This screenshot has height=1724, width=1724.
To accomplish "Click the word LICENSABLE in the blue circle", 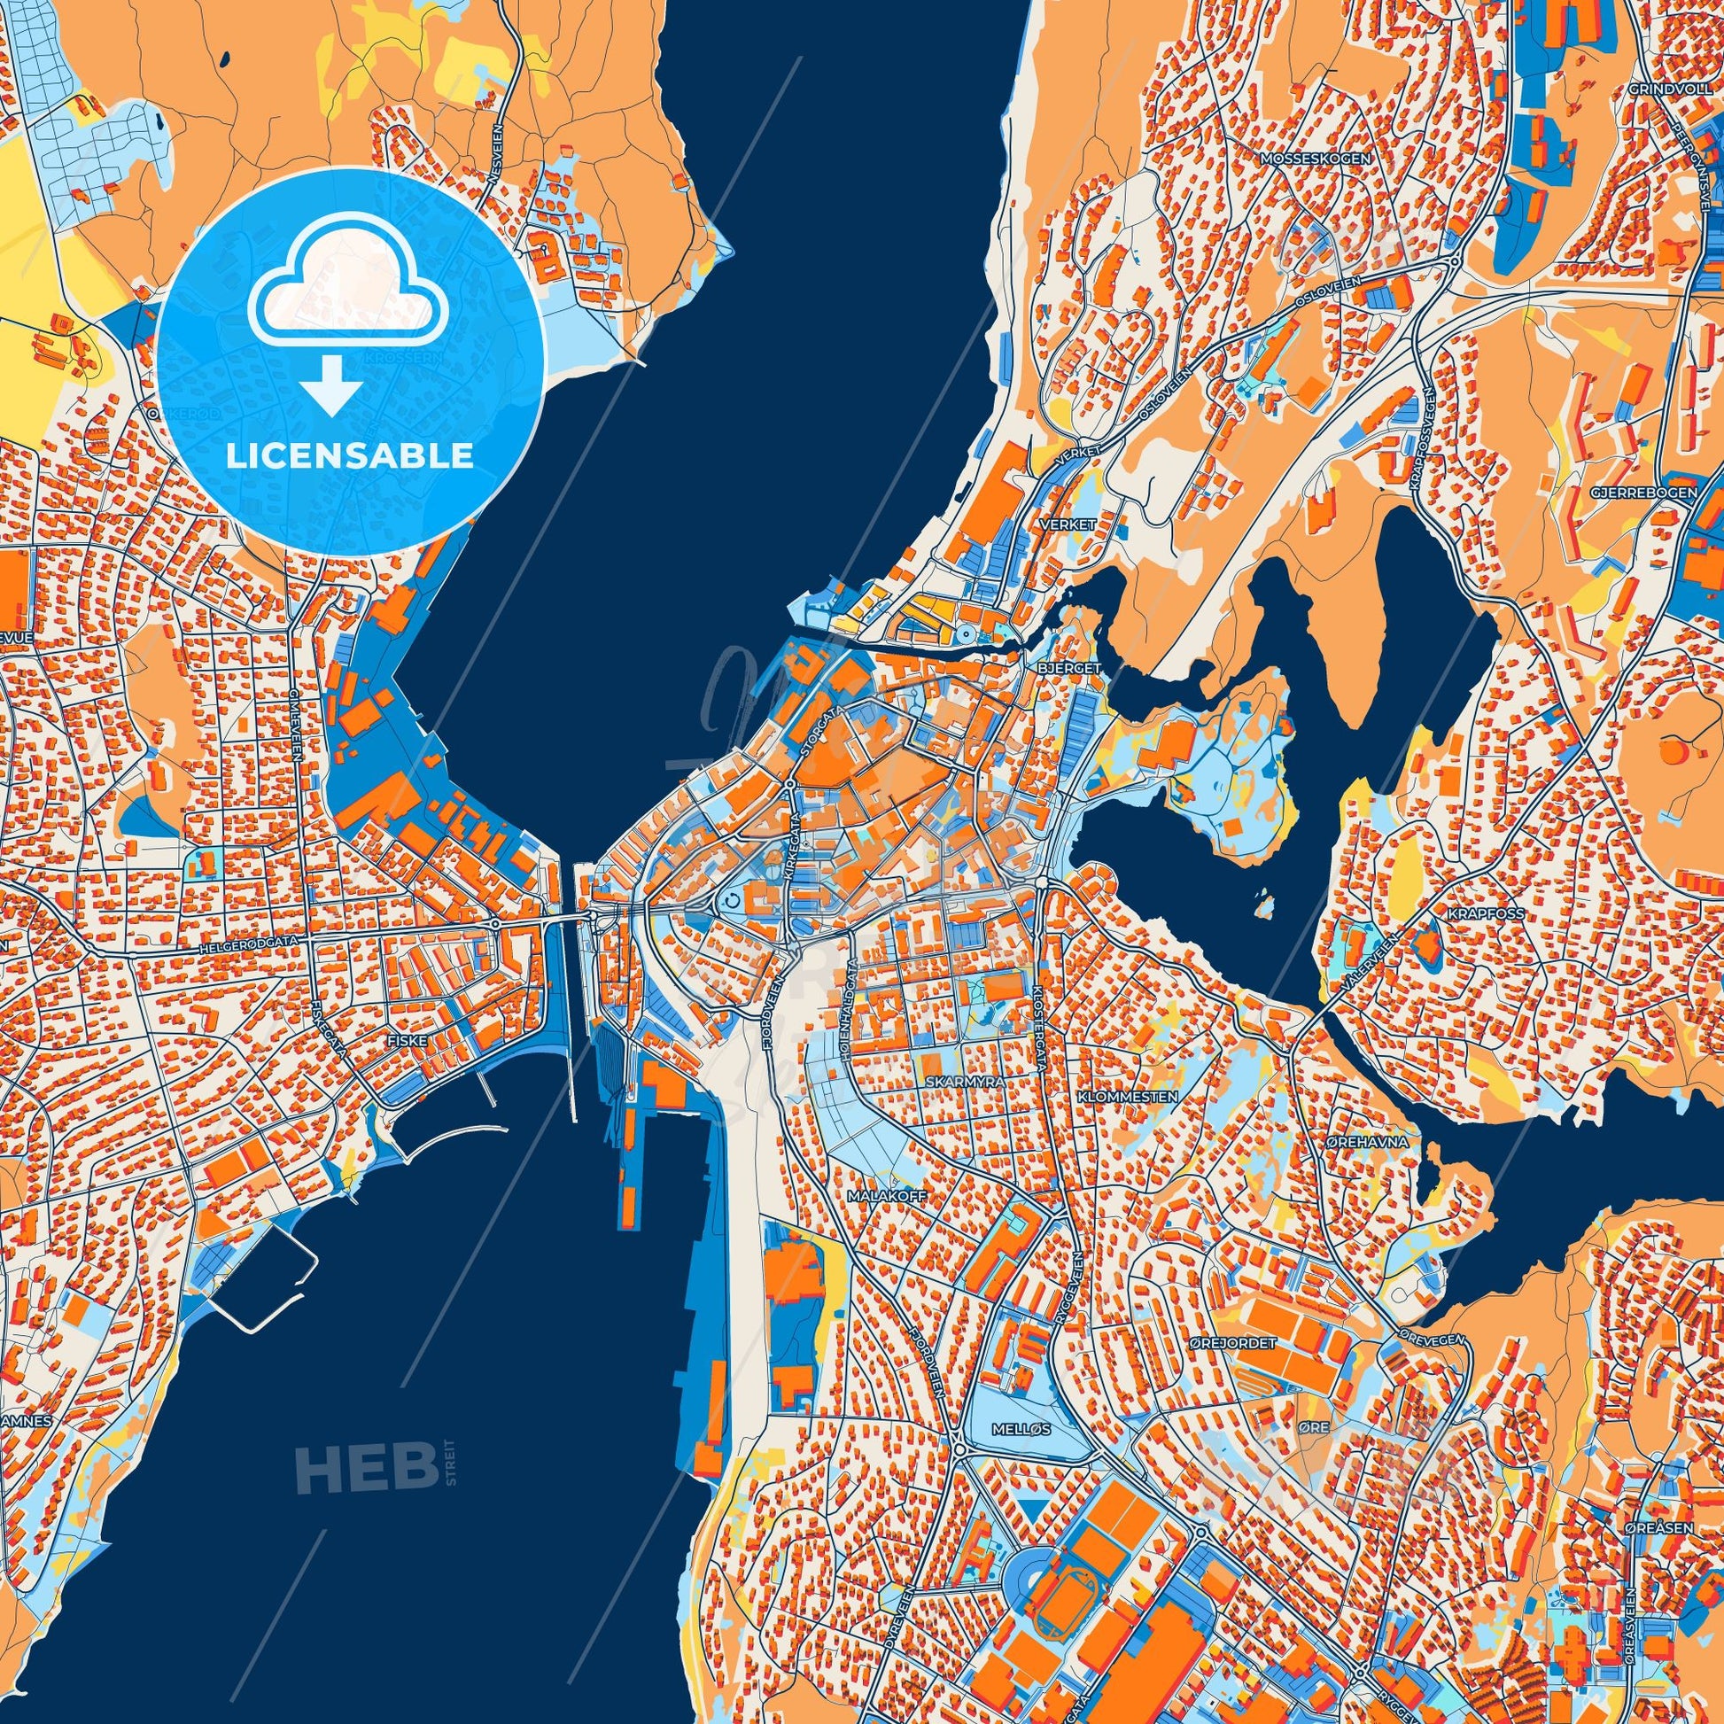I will coord(349,456).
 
